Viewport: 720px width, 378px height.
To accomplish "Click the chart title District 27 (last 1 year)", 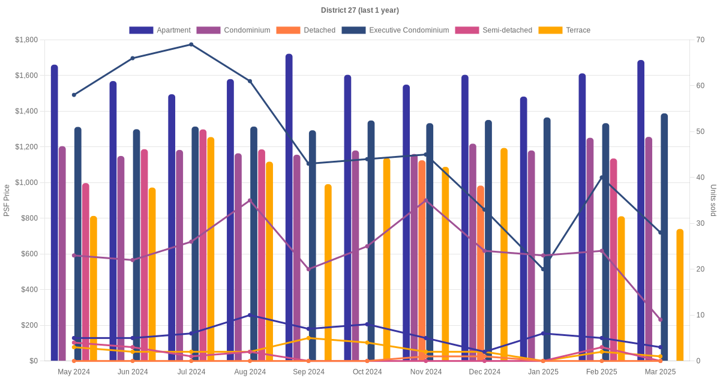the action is point(359,10).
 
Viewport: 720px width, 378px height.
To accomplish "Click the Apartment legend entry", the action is point(160,30).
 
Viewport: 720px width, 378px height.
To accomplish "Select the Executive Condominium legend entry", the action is point(395,30).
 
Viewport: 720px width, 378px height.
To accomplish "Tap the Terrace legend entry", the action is point(565,30).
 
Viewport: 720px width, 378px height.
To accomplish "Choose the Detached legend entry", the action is point(305,30).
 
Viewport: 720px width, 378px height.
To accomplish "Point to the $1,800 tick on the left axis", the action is point(26,40).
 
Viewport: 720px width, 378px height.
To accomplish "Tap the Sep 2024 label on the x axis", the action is point(308,372).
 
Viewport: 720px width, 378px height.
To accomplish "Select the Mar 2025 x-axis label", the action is point(660,372).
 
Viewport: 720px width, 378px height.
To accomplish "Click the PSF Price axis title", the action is point(7,200).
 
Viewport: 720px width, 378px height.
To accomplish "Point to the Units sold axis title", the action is point(713,200).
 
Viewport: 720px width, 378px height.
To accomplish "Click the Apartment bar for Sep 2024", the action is point(289,208).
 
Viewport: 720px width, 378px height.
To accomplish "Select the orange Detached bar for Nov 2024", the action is point(422,260).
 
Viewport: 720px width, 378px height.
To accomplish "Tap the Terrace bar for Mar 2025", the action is point(680,295).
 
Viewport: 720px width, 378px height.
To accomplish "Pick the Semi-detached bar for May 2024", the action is point(85,272).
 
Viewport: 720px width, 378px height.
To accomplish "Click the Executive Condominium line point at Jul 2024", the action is point(191,44).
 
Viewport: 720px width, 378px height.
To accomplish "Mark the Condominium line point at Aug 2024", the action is point(250,200).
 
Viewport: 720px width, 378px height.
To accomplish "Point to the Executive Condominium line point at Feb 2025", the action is point(602,178).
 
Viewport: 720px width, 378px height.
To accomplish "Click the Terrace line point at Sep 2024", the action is point(308,338).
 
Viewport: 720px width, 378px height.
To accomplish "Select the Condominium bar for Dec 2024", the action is point(473,253).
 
